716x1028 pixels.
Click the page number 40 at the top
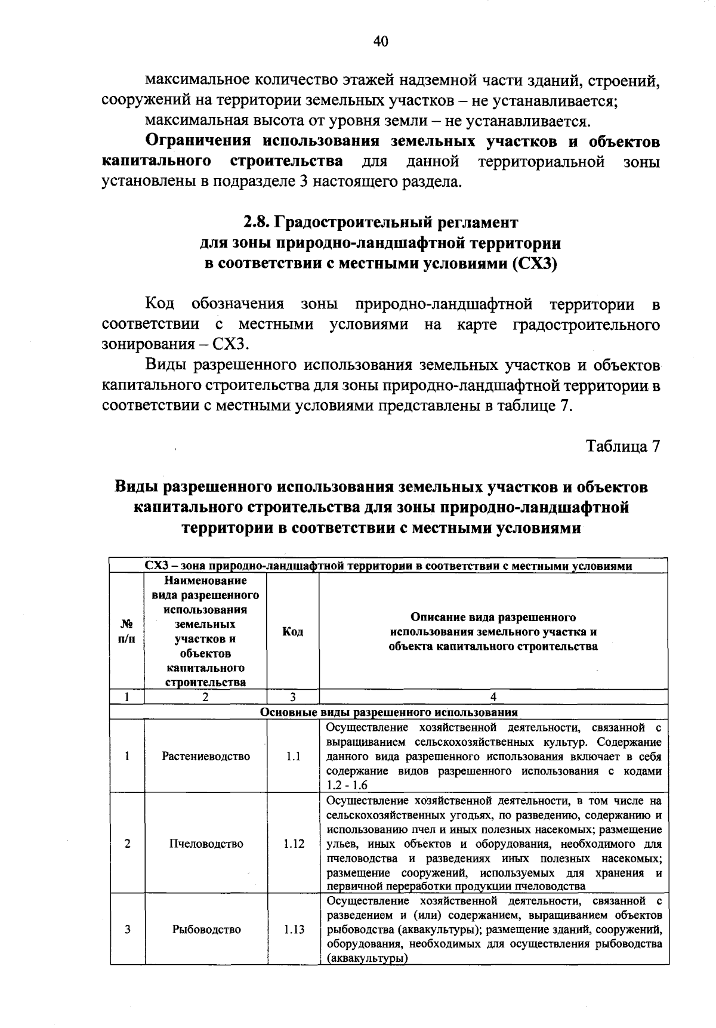tap(381, 41)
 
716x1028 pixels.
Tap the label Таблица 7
tap(623, 447)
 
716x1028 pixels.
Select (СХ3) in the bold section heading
tap(535, 264)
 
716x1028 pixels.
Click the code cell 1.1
tap(292, 757)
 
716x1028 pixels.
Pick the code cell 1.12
tap(294, 844)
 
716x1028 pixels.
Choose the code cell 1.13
tap(294, 930)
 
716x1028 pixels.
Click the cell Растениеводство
tap(206, 757)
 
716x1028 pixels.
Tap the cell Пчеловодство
tap(206, 844)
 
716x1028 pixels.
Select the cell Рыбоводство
tap(206, 930)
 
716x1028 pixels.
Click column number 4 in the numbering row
tap(493, 697)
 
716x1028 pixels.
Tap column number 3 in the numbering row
tap(292, 697)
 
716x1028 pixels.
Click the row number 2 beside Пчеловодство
tap(127, 844)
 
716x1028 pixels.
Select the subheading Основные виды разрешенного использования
tap(388, 712)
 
